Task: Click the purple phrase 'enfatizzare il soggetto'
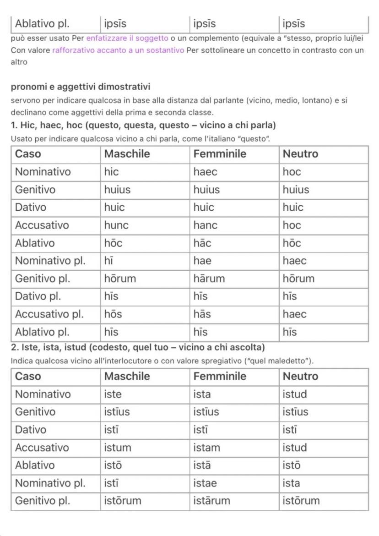(127, 38)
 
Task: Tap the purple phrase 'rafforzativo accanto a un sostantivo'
(118, 50)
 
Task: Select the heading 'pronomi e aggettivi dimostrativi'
(81, 87)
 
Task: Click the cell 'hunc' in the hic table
(116, 225)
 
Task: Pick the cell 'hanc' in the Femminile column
(206, 225)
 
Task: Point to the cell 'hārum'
(209, 279)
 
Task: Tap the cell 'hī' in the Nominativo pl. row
(109, 261)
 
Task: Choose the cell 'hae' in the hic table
(202, 261)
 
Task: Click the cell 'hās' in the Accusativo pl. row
(202, 314)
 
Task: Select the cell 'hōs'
(113, 314)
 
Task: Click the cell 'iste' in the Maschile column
(113, 394)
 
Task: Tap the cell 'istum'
(118, 448)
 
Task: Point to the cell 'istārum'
(212, 501)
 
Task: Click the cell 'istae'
(206, 483)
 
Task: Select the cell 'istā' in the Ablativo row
(202, 465)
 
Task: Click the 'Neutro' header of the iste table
(298, 376)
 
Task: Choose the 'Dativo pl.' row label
(38, 296)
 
